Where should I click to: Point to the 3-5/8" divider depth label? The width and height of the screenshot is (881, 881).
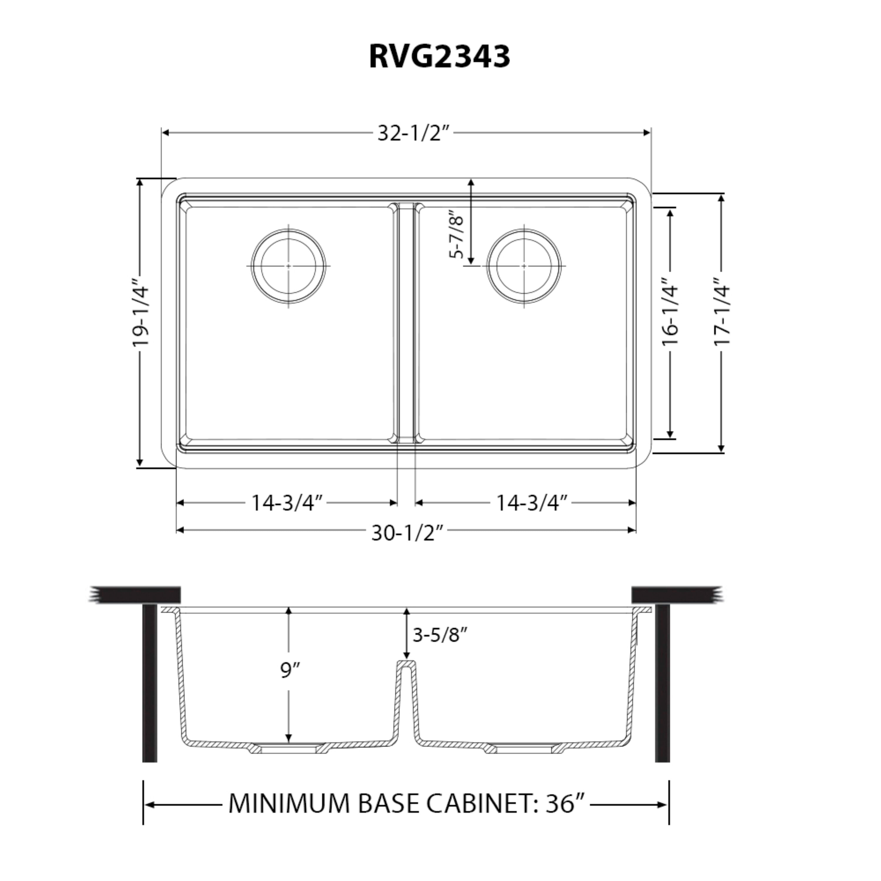[440, 634]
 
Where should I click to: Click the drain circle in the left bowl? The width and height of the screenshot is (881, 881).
[289, 266]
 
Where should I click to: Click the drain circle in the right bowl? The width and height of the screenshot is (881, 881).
[524, 266]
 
